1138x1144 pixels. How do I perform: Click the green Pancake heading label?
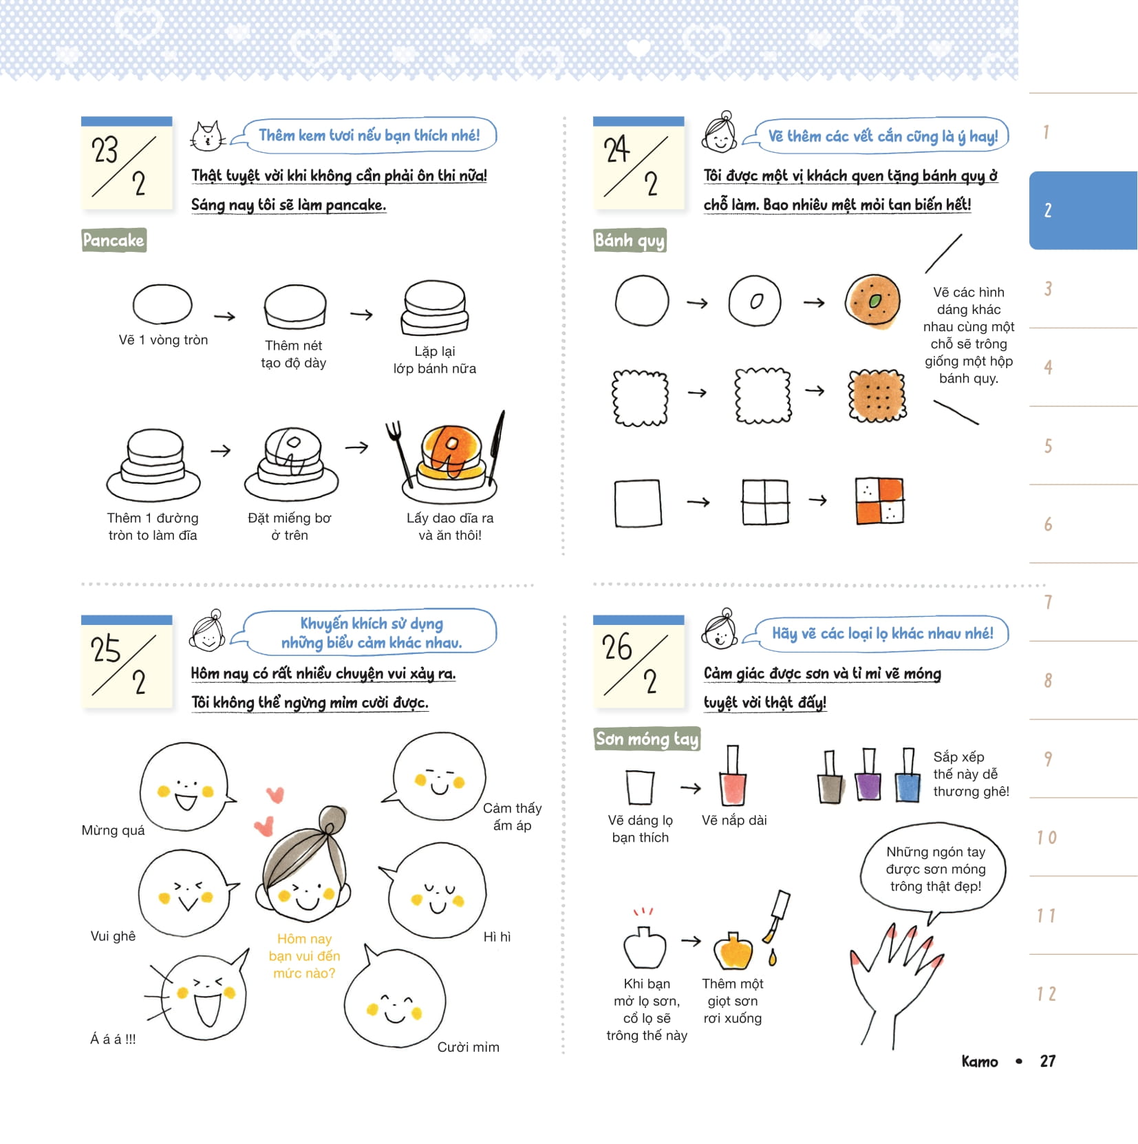click(x=114, y=240)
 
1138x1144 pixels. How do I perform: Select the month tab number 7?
click(x=1048, y=602)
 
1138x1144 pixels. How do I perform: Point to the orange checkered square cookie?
click(x=879, y=501)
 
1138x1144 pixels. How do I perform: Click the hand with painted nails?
click(x=894, y=977)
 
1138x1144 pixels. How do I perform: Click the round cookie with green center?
click(x=873, y=301)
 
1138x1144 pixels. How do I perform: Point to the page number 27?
click(x=1047, y=1061)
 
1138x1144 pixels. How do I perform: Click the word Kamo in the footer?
click(x=979, y=1061)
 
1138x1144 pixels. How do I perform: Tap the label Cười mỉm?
click(x=468, y=1047)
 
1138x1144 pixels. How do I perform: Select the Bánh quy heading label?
click(x=630, y=240)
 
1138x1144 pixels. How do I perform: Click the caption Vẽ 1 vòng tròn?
click(x=163, y=340)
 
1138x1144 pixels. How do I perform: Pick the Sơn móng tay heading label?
click(x=647, y=739)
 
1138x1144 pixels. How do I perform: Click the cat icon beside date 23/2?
click(x=207, y=136)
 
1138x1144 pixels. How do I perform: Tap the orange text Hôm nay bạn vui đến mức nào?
click(x=304, y=956)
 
